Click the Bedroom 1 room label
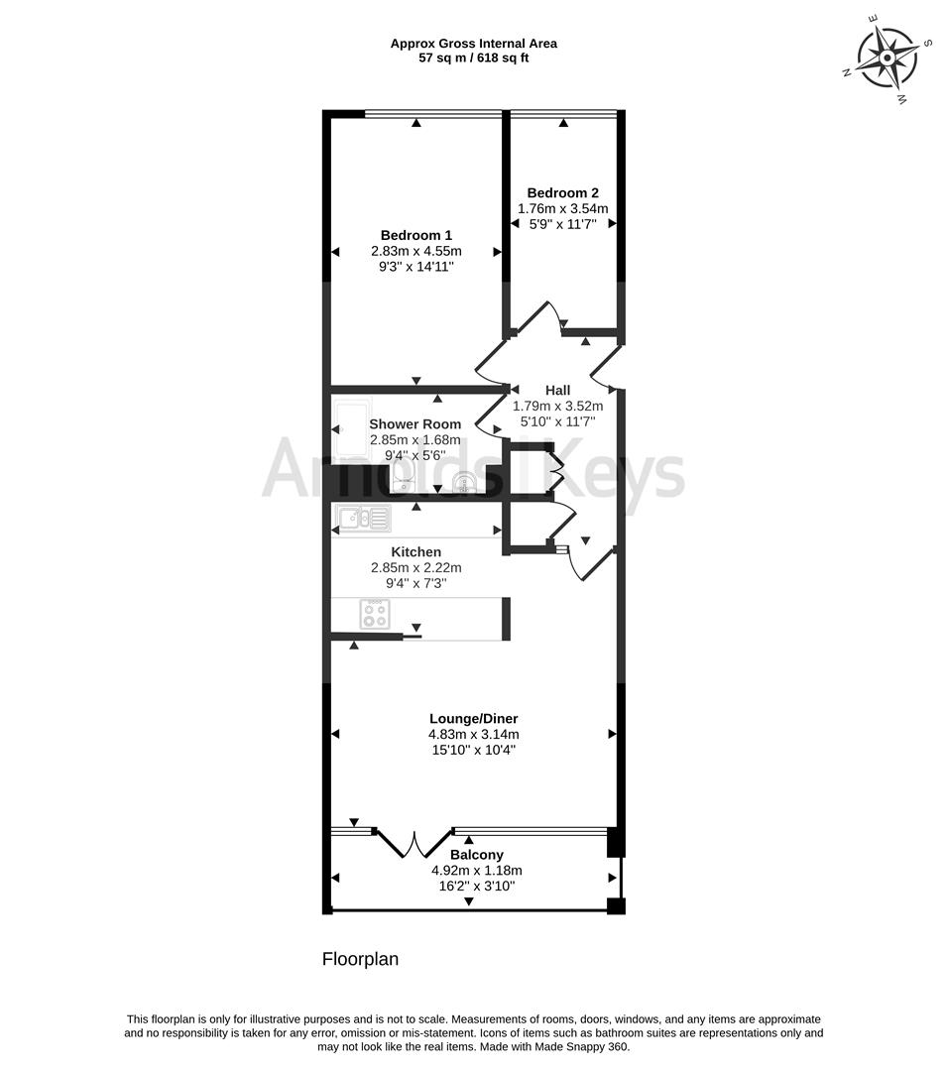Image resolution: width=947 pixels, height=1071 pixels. click(x=415, y=236)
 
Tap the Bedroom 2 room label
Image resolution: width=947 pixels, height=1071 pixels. click(x=562, y=193)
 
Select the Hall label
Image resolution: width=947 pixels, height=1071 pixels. click(x=558, y=391)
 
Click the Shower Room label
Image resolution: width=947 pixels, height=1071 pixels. click(x=415, y=424)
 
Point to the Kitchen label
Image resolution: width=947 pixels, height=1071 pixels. click(x=415, y=552)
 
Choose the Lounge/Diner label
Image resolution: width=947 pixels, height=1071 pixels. click(x=473, y=719)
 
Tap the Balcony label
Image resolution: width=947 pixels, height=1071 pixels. click(x=477, y=855)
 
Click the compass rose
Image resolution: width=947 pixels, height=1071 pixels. click(x=886, y=58)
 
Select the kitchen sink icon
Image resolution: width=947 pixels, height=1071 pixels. click(x=363, y=519)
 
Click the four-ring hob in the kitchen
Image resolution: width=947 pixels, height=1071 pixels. click(x=375, y=614)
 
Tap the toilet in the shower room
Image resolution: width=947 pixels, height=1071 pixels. click(x=404, y=477)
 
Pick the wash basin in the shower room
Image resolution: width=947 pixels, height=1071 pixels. click(x=467, y=482)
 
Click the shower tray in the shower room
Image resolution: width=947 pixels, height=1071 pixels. click(x=352, y=427)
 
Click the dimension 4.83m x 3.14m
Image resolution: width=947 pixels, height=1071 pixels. click(x=473, y=735)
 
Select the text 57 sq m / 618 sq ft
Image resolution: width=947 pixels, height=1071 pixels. click(x=473, y=59)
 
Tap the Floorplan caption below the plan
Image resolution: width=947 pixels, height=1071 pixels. click(x=360, y=959)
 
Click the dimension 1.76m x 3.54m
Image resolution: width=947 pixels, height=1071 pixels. click(x=562, y=209)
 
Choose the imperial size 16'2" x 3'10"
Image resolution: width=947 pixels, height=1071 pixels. click(x=477, y=887)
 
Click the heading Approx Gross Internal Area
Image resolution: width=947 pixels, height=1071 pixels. click(x=473, y=43)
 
